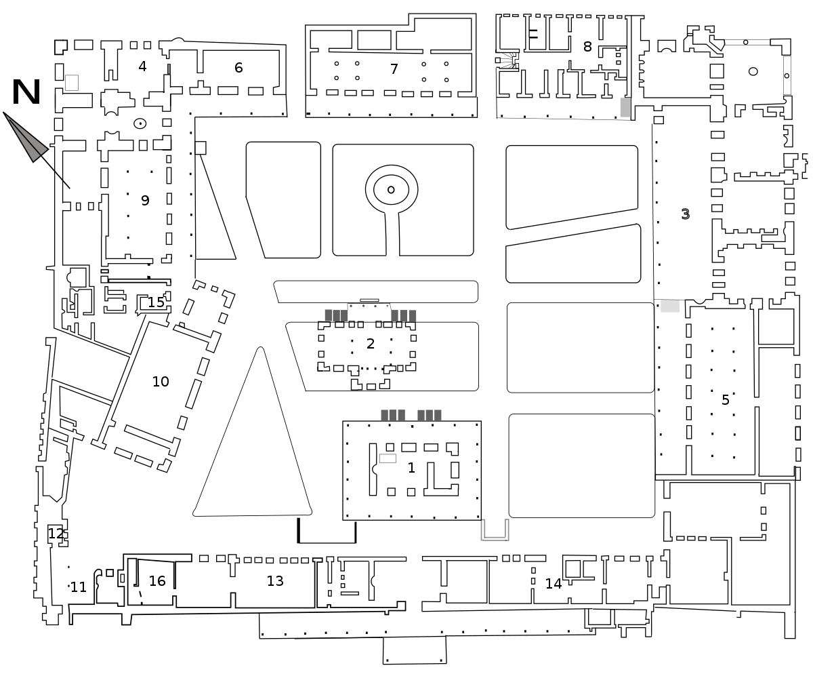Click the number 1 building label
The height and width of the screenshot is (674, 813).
tap(411, 468)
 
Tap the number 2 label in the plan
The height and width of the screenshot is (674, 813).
tap(371, 343)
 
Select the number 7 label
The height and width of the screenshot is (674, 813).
tap(394, 69)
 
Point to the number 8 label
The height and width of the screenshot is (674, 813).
tap(587, 47)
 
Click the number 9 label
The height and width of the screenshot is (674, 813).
tap(145, 200)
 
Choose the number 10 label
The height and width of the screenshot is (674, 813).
tap(161, 381)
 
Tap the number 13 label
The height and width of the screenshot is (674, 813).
tap(275, 581)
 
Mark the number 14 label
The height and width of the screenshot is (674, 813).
tap(554, 584)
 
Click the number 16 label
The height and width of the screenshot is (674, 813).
tap(157, 581)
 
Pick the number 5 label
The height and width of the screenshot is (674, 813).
tap(725, 399)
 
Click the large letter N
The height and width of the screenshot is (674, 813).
tap(26, 92)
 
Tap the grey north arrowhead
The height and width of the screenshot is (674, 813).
tap(26, 137)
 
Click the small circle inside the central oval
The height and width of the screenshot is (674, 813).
tap(391, 190)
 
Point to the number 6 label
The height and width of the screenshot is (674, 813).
tap(238, 68)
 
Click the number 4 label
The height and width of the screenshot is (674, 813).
tap(142, 66)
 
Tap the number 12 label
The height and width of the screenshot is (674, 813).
tap(56, 534)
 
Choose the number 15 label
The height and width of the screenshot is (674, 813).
tap(156, 302)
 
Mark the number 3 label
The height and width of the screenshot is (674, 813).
tap(685, 214)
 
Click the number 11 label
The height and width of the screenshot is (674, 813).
tap(78, 587)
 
